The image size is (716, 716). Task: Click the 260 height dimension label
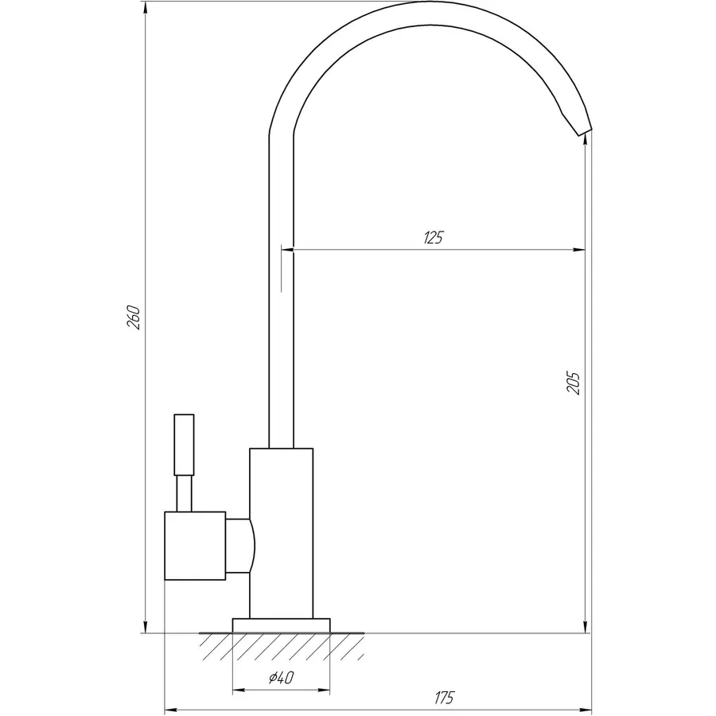click(x=134, y=317)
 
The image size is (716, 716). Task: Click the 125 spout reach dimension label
click(x=434, y=237)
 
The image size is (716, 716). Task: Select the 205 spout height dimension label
click(x=573, y=383)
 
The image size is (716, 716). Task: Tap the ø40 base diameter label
click(x=282, y=677)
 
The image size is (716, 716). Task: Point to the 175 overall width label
click(x=444, y=697)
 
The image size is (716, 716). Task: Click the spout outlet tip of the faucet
click(x=586, y=132)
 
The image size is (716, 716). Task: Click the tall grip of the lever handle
click(x=184, y=445)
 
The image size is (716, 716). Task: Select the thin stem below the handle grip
click(x=184, y=493)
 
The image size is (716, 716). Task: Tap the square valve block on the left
click(x=195, y=546)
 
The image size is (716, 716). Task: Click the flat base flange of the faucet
click(x=282, y=625)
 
